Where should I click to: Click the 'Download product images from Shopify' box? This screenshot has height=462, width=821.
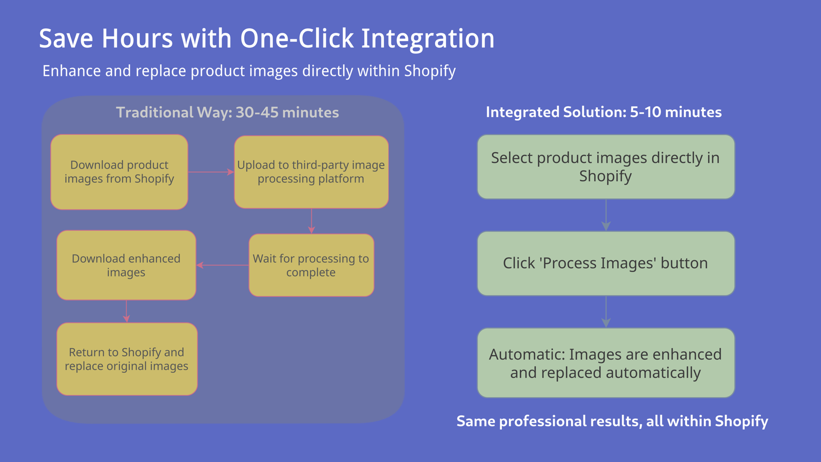[x=119, y=172]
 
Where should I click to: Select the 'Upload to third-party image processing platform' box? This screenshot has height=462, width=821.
[x=311, y=172]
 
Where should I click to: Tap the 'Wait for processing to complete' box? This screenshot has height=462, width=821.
[x=311, y=265]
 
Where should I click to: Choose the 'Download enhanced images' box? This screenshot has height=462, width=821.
[x=126, y=265]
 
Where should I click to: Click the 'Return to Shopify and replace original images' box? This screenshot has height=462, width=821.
[x=127, y=359]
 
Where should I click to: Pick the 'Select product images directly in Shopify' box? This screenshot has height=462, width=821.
[x=606, y=167]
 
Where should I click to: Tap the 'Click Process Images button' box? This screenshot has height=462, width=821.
[x=606, y=263]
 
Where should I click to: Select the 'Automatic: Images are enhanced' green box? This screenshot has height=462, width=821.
[x=606, y=363]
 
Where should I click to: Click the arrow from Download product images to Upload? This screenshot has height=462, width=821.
[x=211, y=172]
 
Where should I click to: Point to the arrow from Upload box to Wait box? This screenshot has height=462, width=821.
[x=311, y=221]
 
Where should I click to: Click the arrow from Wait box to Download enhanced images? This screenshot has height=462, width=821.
[x=223, y=265]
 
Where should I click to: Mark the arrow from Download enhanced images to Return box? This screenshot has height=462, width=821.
[x=126, y=311]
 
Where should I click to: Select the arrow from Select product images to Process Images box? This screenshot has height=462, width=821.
[x=606, y=215]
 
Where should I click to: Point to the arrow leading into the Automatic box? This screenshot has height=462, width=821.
[x=606, y=312]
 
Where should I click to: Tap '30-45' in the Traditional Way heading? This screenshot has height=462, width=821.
[x=257, y=112]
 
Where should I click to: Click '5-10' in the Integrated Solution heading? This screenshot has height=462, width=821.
[x=645, y=112]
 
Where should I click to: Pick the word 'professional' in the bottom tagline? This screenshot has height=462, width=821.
[x=542, y=421]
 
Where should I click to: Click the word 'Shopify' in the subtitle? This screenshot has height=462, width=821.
[x=430, y=71]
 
